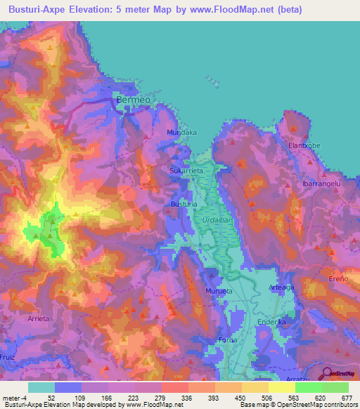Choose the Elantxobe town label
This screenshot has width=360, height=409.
tap(305, 145)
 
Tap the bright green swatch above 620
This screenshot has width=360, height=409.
tap(308, 387)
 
